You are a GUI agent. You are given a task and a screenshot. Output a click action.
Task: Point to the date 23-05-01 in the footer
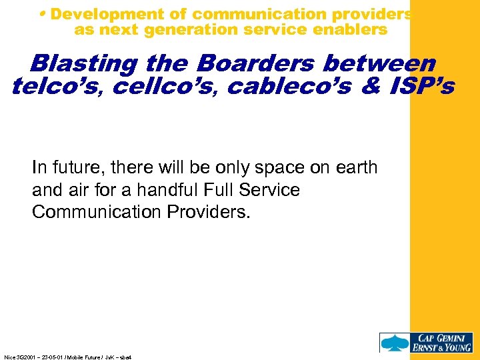click(x=53, y=357)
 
